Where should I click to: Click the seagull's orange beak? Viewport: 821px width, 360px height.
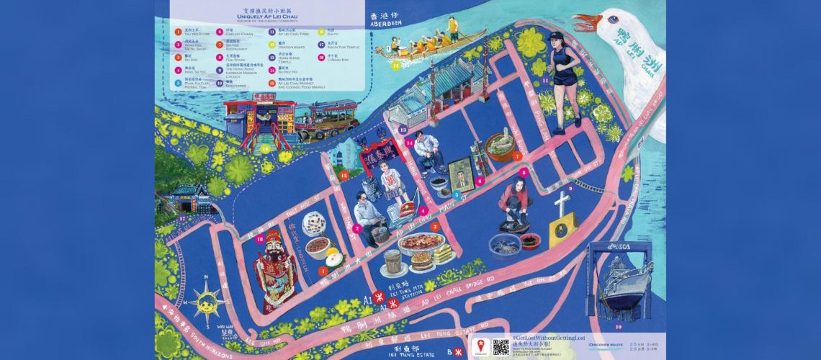click(586, 24)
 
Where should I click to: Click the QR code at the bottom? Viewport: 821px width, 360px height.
click(501, 346)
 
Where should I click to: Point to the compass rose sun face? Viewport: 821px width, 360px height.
click(206, 302)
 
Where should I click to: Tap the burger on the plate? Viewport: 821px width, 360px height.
click(421, 261)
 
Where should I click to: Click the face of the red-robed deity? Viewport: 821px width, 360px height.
click(274, 244)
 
